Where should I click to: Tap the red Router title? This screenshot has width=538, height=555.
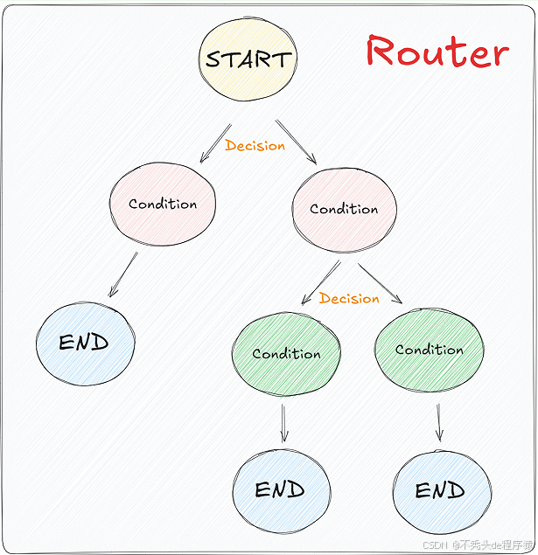437,52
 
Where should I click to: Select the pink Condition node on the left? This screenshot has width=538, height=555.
163,205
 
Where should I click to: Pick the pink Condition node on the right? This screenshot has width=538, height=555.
344,210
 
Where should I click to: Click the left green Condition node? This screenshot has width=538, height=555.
286,353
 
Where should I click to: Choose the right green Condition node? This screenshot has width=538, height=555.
429,349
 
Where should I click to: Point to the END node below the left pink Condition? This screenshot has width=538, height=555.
85,343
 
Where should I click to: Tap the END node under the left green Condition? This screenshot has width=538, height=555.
281,490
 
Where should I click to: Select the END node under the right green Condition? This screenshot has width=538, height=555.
440,490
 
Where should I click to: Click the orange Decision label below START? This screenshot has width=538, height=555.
255,146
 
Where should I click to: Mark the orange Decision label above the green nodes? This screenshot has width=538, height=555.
349,299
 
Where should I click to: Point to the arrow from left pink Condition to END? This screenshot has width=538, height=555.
122,275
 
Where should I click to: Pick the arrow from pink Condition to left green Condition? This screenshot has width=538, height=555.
320,281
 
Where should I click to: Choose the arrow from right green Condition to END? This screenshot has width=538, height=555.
439,420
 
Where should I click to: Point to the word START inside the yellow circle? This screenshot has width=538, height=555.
248,59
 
